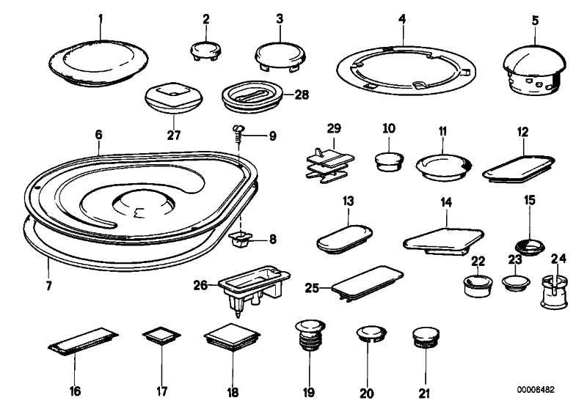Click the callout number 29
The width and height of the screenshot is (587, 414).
pyautogui.click(x=335, y=128)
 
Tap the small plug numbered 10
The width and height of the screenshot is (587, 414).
pyautogui.click(x=388, y=160)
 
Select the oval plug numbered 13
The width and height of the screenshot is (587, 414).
pyautogui.click(x=345, y=237)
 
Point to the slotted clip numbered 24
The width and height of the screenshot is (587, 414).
pyautogui.click(x=553, y=290)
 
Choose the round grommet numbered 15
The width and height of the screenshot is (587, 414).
pyautogui.click(x=531, y=245)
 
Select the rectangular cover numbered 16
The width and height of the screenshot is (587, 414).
pyautogui.click(x=82, y=343)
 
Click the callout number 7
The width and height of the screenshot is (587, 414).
pyautogui.click(x=48, y=285)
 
